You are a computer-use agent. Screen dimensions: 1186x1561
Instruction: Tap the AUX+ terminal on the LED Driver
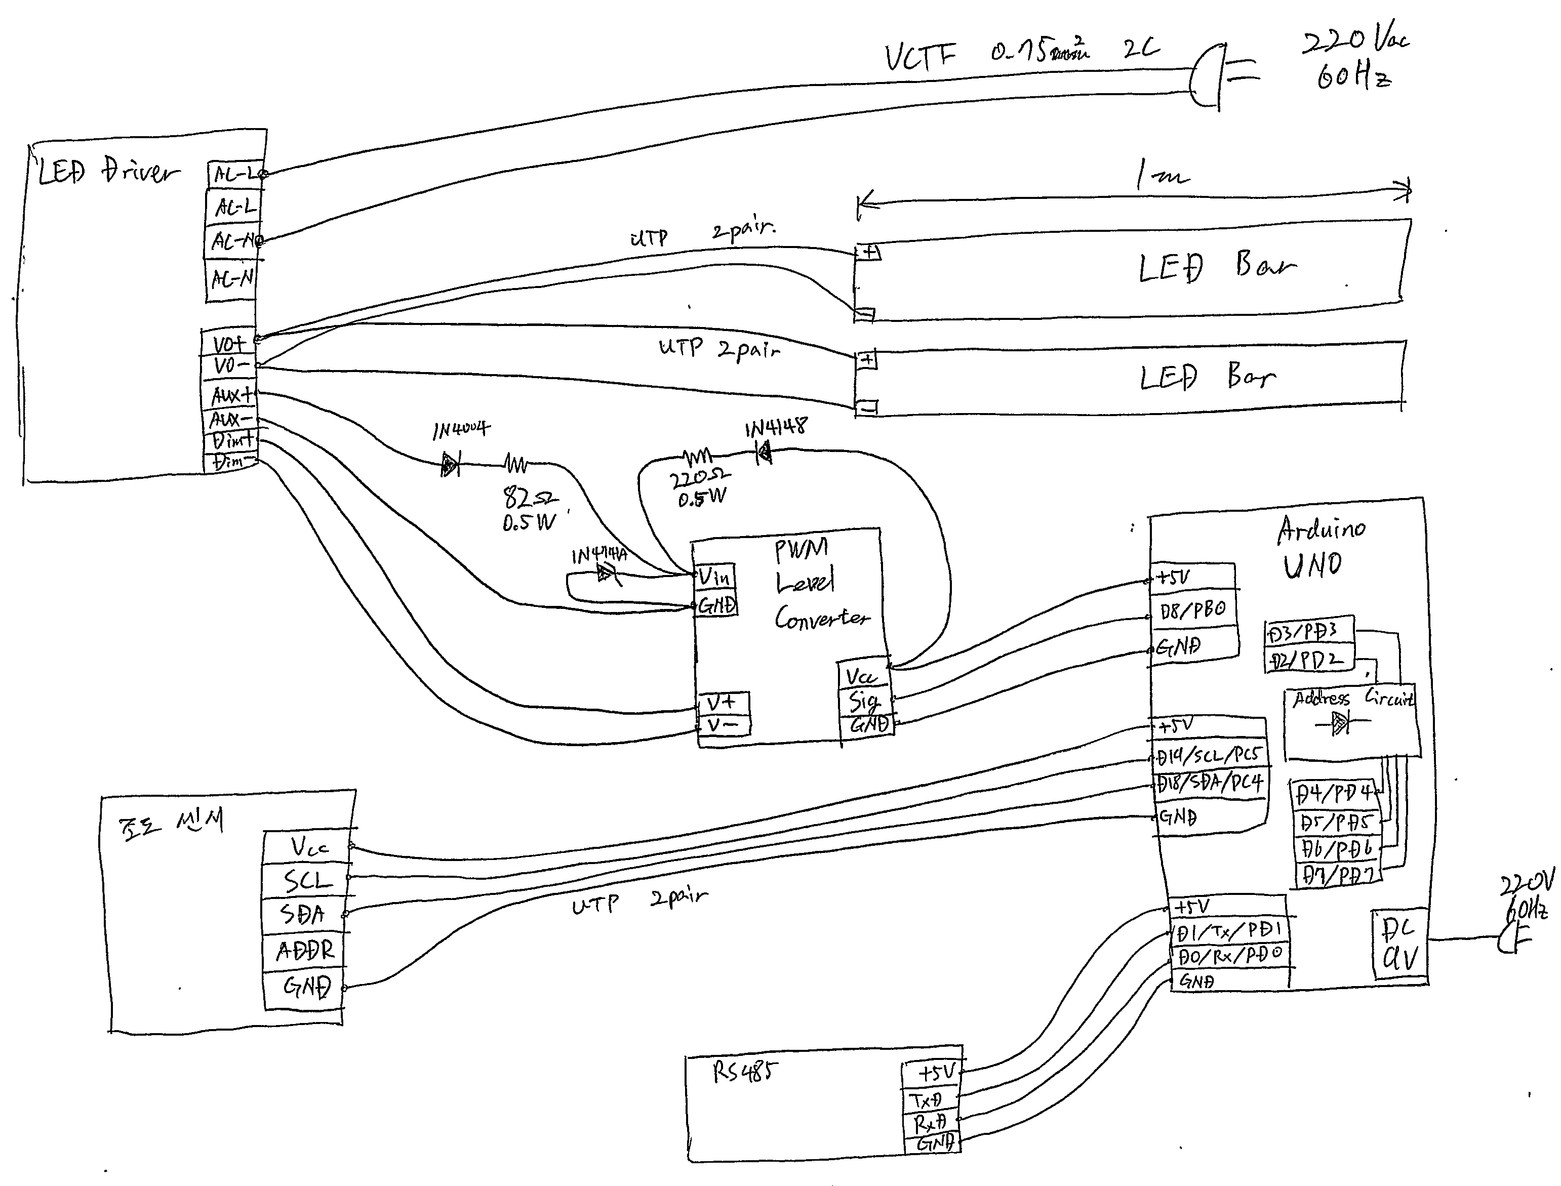tap(231, 396)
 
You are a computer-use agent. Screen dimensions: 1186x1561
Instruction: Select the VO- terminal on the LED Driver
tap(231, 365)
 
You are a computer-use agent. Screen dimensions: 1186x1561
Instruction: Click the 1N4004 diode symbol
tap(450, 465)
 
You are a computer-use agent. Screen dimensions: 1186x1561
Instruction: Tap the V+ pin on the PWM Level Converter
tap(722, 703)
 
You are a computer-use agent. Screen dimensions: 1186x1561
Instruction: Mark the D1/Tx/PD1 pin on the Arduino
tap(1228, 931)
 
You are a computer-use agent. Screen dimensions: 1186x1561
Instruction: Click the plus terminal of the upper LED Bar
tap(868, 252)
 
